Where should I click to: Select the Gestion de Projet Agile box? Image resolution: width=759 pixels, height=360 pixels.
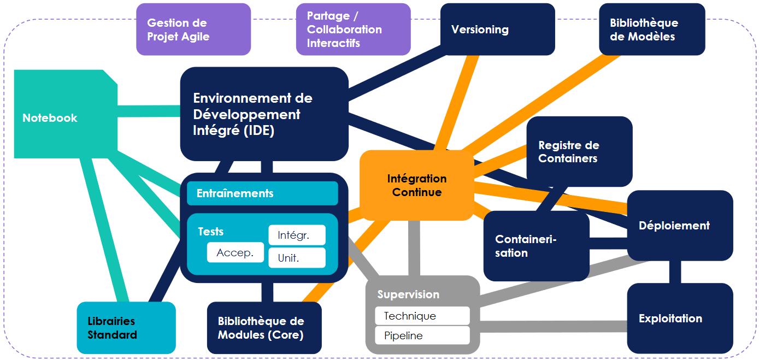coord(193,29)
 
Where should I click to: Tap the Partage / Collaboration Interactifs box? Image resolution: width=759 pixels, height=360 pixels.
coord(353,29)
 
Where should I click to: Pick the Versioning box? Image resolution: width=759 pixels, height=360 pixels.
coord(497,29)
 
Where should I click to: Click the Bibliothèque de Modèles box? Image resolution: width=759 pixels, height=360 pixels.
coord(652,29)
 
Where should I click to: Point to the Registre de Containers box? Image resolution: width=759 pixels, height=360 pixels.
coord(579,151)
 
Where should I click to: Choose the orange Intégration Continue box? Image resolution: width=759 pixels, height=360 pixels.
coord(417,185)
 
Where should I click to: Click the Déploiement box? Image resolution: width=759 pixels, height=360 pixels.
coord(680,225)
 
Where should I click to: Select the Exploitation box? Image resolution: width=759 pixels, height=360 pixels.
coord(680,318)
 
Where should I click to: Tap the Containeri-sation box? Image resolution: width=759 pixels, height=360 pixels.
coord(536,246)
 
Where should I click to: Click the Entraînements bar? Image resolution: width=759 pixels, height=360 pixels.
coord(262,193)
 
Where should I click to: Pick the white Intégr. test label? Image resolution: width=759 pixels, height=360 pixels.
coord(297,235)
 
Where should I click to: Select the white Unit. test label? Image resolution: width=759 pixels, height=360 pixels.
coord(297,258)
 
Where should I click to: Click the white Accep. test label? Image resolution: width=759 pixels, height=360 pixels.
coord(236,253)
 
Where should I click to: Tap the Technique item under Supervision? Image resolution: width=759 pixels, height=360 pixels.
coord(422,316)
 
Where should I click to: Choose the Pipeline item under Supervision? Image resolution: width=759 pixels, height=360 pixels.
coord(422,335)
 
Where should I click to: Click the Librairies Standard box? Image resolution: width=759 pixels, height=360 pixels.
coord(126,328)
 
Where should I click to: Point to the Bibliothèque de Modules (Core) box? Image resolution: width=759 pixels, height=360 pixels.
coord(264,328)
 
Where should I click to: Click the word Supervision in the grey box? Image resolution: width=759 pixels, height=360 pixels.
coord(408,294)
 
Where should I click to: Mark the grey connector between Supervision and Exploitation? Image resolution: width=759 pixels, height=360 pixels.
coord(552,327)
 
